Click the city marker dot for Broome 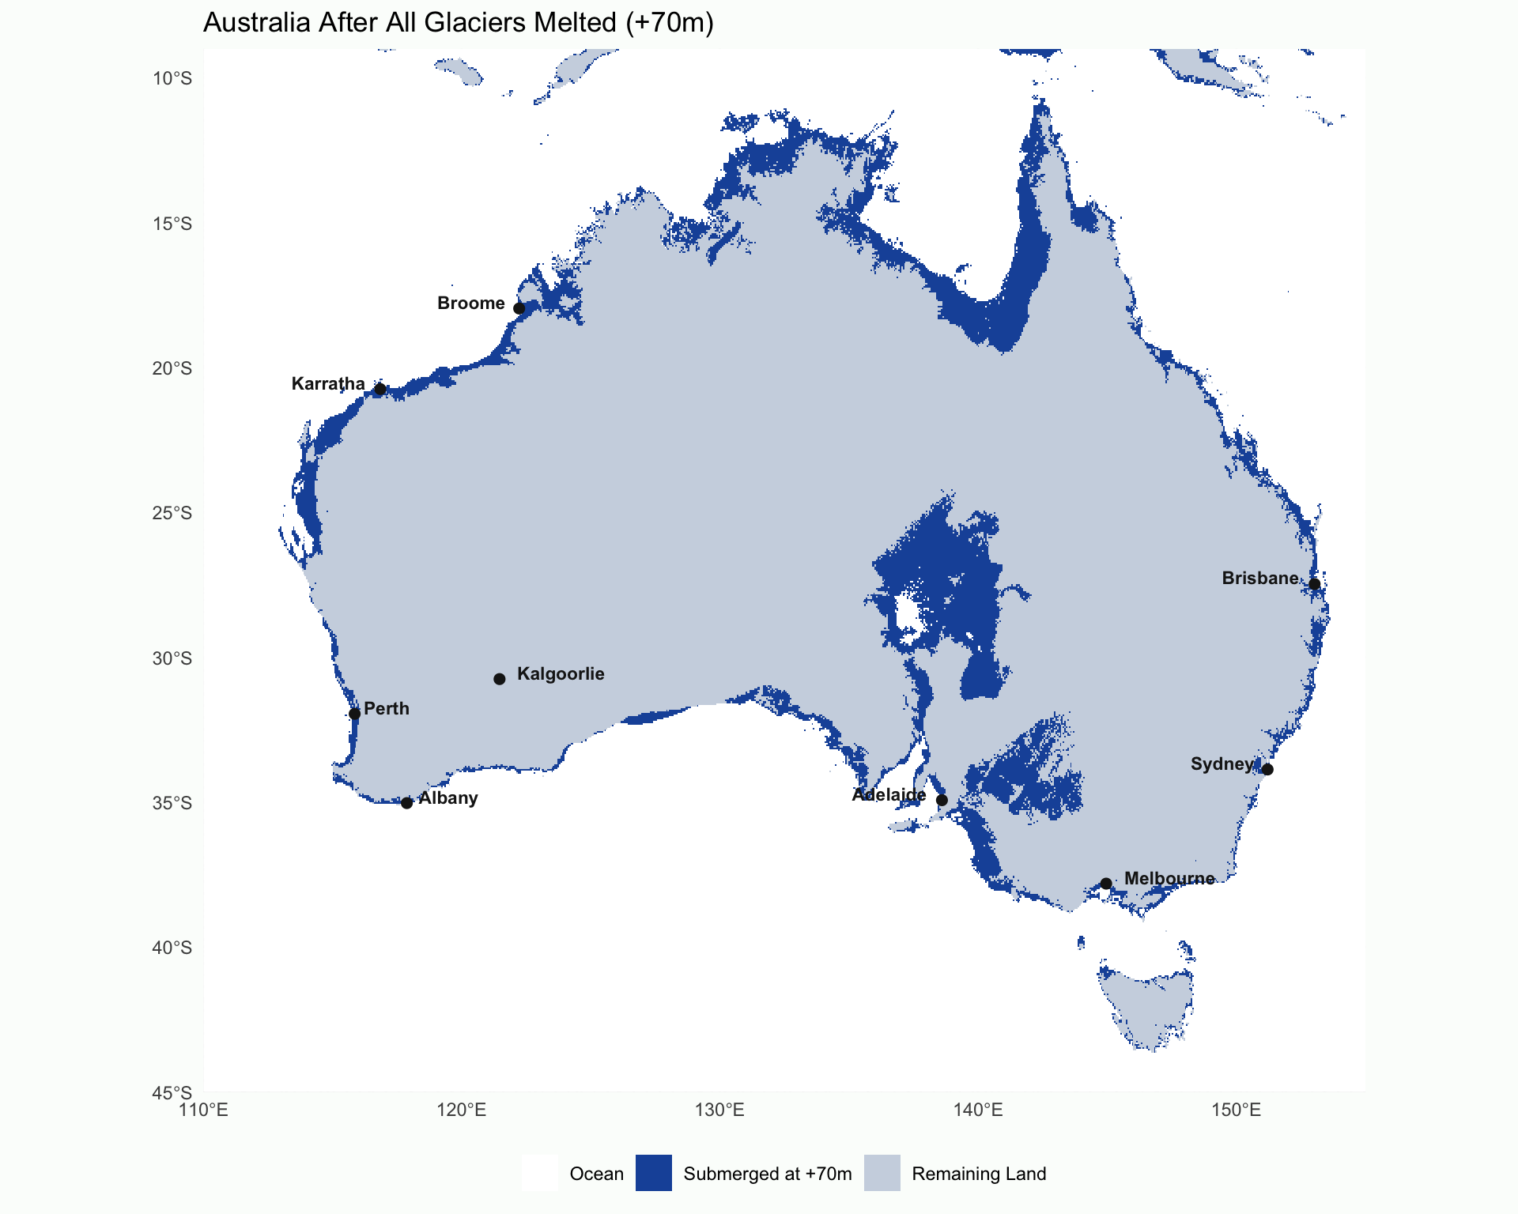(519, 308)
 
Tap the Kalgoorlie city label (560, 674)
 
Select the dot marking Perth (354, 714)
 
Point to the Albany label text (447, 798)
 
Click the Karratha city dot (379, 389)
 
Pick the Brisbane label (1259, 579)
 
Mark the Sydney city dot (1267, 769)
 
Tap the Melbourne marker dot (1105, 884)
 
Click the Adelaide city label (889, 795)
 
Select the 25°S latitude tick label (172, 514)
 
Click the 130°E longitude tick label (719, 1110)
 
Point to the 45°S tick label (172, 1093)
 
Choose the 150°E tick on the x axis (1236, 1110)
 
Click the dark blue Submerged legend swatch (654, 1173)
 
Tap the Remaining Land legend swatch (882, 1173)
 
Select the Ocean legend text (596, 1174)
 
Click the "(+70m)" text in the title (669, 22)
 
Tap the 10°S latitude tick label (172, 78)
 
